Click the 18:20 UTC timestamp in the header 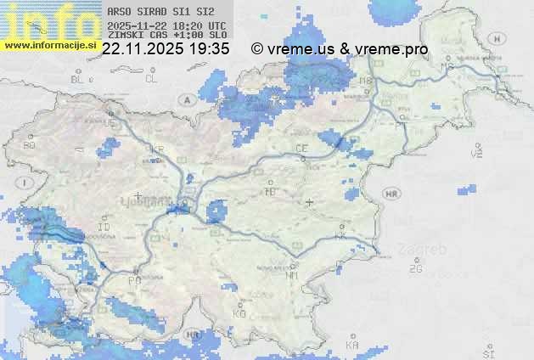tap(203, 25)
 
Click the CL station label tap(151, 79)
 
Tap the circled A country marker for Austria tap(186, 100)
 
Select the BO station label tap(29, 145)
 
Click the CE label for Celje tap(301, 149)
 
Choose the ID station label tap(104, 228)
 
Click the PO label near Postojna tap(133, 279)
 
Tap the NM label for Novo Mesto tap(292, 275)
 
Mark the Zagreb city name tap(425, 250)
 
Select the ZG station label tap(415, 269)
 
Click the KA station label tap(351, 346)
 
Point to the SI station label tap(487, 351)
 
